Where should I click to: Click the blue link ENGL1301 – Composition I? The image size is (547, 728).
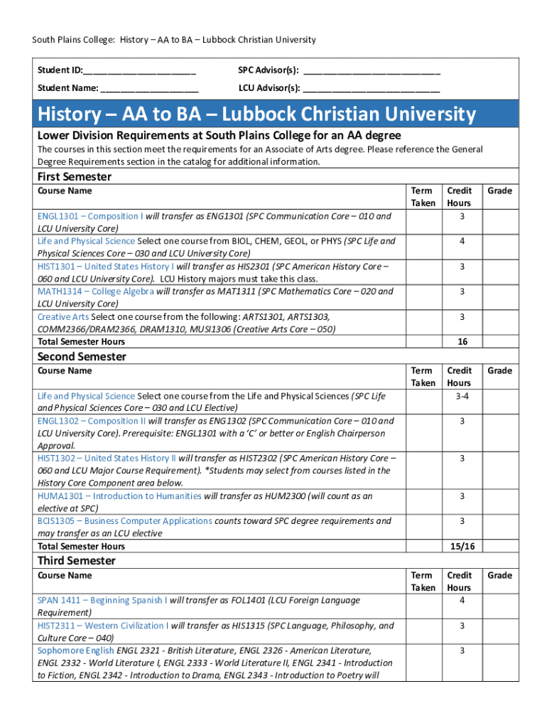click(x=90, y=216)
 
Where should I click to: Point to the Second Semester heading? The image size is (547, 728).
click(x=82, y=356)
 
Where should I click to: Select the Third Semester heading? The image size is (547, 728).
click(x=76, y=561)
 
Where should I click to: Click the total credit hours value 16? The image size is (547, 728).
click(x=462, y=342)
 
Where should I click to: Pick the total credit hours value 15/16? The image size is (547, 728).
click(x=462, y=546)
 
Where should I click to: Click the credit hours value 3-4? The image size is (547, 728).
click(x=462, y=396)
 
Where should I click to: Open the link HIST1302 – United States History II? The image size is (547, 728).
click(x=107, y=459)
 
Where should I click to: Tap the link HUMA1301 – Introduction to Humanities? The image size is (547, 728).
click(x=119, y=496)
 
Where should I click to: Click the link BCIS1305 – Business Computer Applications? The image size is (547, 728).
click(x=124, y=521)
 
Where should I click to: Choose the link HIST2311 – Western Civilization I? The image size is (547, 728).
click(x=103, y=626)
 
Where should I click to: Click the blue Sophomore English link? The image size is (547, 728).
click(x=75, y=651)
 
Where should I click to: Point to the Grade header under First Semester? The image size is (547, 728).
click(x=500, y=191)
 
